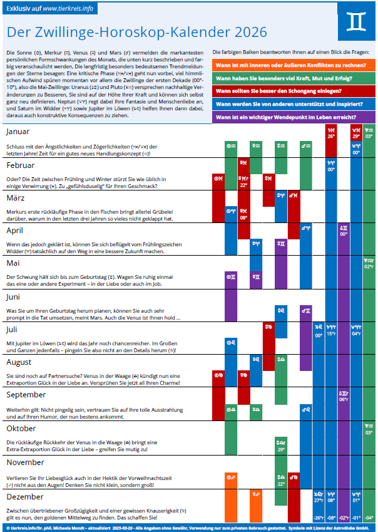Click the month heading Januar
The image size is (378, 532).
pos(18,132)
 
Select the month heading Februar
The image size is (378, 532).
pos(20,165)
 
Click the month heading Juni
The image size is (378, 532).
pos(14,296)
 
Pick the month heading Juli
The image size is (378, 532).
pos(12,329)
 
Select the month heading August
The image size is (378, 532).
pos(19,362)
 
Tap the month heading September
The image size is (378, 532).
pos(26,395)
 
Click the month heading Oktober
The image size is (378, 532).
pos(21,429)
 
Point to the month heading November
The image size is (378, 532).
pos(25,462)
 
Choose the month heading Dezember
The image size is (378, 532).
pos(24,496)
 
